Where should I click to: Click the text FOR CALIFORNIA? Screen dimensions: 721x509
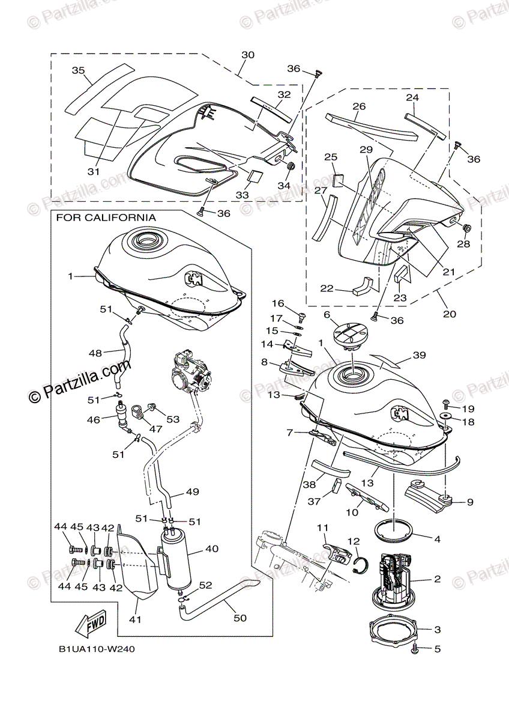coord(106,218)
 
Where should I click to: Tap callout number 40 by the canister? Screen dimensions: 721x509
coord(212,549)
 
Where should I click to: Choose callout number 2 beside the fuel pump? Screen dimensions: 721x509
coord(437,579)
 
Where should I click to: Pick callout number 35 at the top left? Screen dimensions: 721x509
coord(78,70)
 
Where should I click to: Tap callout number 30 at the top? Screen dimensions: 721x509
coord(248,55)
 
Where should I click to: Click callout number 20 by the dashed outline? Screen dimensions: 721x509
coord(449,313)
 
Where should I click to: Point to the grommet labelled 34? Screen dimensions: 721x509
coord(289,166)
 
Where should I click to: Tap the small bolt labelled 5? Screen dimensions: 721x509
coord(415,649)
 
